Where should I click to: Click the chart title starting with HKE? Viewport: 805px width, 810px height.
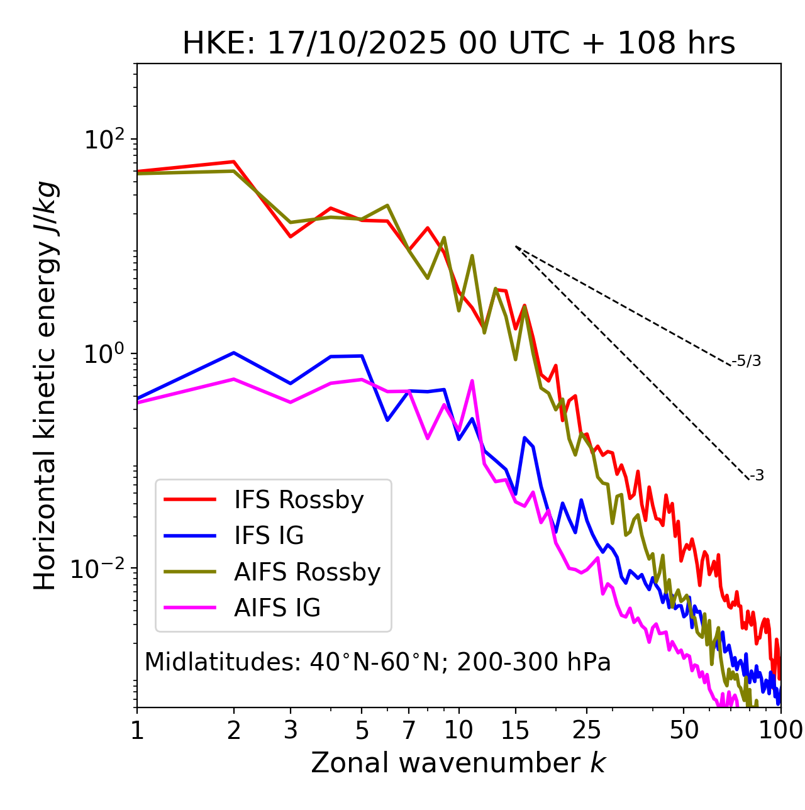(x=458, y=44)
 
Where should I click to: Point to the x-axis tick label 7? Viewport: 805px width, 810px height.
(x=409, y=730)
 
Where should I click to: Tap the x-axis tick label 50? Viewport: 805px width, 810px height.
(x=684, y=730)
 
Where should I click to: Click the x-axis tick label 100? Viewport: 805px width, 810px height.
(x=780, y=730)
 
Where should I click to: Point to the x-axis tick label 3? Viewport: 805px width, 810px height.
(x=291, y=730)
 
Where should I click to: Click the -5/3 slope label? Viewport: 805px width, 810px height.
(x=747, y=361)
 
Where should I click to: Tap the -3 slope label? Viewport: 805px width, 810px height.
(x=757, y=476)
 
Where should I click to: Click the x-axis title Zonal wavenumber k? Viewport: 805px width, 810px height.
(x=458, y=763)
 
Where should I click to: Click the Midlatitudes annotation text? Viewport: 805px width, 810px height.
(x=377, y=662)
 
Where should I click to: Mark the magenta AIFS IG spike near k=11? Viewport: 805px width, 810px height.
(x=472, y=381)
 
